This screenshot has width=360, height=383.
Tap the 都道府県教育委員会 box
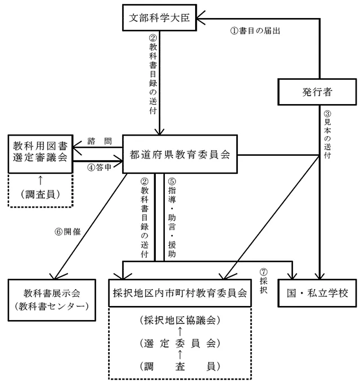pos(179,155)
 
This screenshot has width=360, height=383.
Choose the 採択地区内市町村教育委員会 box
pos(179,293)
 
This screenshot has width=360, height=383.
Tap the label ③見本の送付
pos(328,136)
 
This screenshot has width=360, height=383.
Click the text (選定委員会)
pos(179,343)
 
